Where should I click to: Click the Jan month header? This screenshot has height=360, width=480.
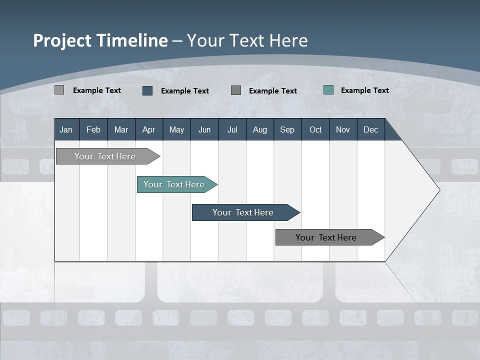(x=66, y=129)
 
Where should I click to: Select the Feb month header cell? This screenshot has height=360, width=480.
(x=93, y=129)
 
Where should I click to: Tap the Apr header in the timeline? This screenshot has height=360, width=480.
(x=148, y=129)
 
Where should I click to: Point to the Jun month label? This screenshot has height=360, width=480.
(x=204, y=129)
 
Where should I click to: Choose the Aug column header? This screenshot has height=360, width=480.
(x=259, y=129)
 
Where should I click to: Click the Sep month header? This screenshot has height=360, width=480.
(x=287, y=129)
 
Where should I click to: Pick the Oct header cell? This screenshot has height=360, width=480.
(x=315, y=129)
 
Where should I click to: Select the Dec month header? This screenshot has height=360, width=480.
(x=370, y=129)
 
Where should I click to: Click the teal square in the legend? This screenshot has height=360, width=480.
(x=328, y=90)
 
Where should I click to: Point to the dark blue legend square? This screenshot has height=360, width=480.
(x=147, y=90)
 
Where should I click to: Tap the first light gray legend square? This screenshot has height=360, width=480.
(x=59, y=90)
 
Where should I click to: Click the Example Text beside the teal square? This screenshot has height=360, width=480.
(x=364, y=90)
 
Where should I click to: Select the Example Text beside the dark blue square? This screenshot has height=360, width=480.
(x=184, y=90)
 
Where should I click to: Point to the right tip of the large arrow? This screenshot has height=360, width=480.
(x=438, y=190)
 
